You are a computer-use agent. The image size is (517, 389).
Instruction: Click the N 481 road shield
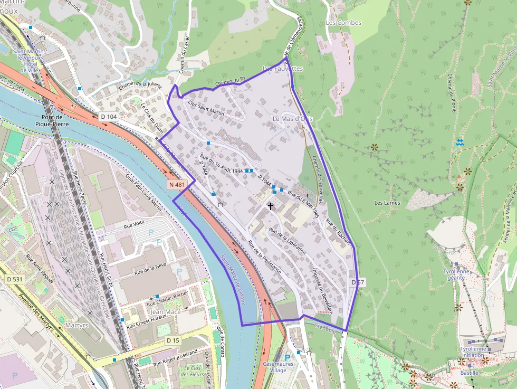tap(177, 185)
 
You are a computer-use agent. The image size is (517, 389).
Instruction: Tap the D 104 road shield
tap(109, 116)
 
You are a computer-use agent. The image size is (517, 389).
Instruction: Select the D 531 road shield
tap(16, 278)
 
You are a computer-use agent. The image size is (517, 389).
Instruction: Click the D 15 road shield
tap(173, 340)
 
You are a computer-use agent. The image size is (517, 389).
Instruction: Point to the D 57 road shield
tap(358, 282)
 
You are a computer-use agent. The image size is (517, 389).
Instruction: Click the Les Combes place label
tap(343, 23)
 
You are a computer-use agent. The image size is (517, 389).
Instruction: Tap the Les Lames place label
tap(387, 203)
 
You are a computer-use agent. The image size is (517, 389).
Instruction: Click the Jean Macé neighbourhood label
tap(166, 312)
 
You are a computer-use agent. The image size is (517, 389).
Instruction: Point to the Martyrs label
tap(76, 325)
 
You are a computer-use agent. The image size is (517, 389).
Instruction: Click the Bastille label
tap(469, 373)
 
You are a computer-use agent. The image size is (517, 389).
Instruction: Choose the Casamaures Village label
tap(278, 367)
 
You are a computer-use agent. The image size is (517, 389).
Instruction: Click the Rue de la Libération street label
tap(287, 241)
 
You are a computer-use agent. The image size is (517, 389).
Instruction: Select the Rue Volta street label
tap(134, 224)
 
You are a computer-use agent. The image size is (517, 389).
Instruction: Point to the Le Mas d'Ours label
tap(293, 119)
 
